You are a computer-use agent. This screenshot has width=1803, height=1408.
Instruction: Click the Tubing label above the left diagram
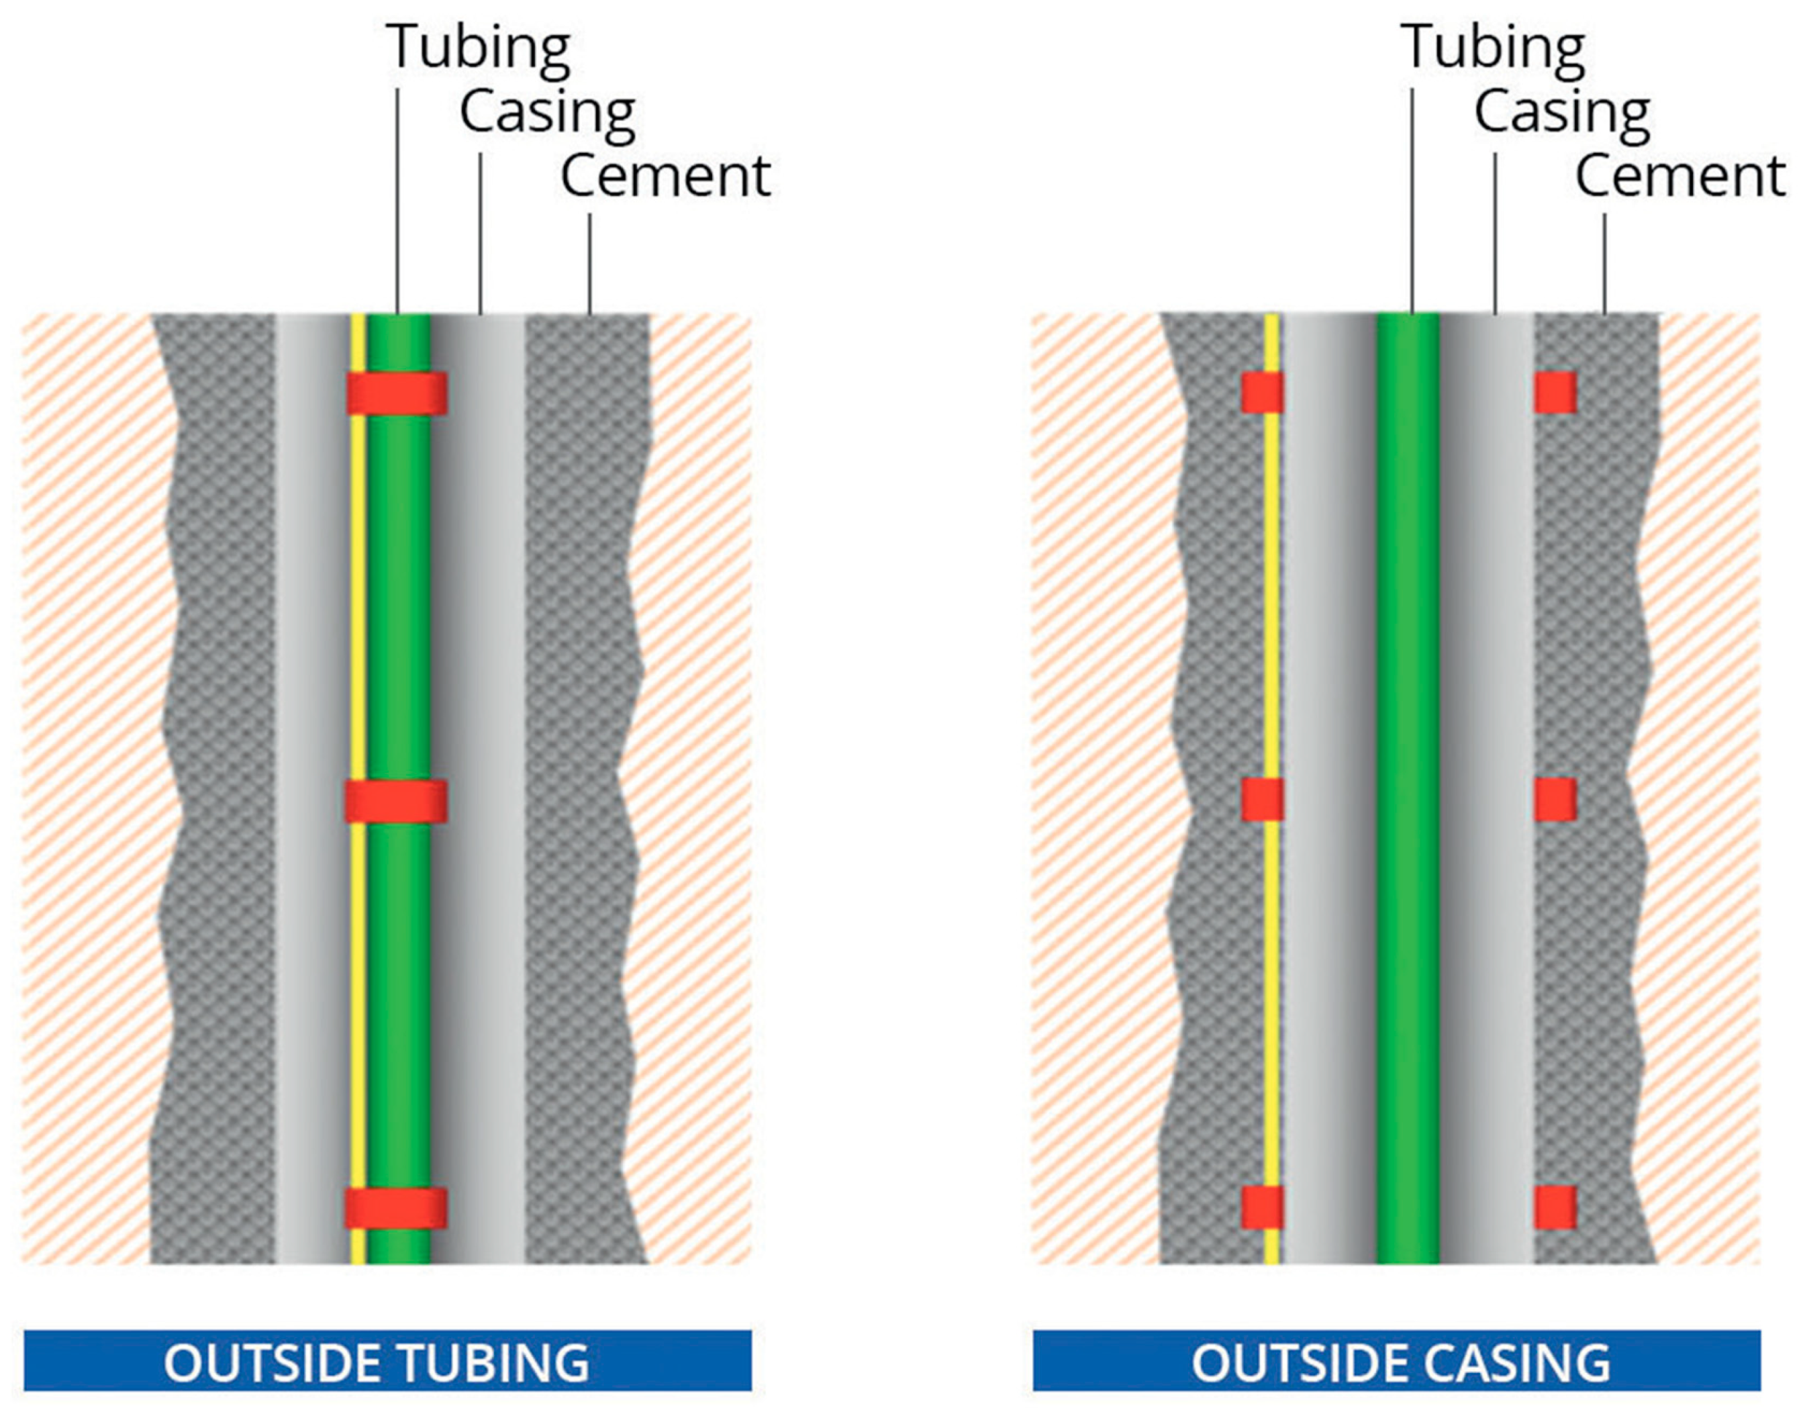478,48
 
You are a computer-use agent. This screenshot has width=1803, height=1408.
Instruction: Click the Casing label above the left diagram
547,112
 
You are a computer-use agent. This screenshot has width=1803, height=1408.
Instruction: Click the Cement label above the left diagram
665,177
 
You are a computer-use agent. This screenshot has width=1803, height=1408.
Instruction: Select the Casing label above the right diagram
1562,112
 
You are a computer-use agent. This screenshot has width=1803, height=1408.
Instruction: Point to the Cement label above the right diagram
1680,177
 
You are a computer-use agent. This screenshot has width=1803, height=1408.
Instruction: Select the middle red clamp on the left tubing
396,800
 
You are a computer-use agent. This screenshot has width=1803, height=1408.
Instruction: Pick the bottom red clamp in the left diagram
396,1208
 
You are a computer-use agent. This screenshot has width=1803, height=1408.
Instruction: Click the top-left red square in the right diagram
1262,392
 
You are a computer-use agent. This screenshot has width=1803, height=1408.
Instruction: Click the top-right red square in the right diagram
1555,392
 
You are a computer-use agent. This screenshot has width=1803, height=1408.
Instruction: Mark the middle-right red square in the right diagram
1555,800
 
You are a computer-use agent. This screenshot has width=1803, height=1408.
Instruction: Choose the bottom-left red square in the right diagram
1262,1207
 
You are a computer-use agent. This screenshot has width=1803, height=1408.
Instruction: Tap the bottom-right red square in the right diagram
1555,1207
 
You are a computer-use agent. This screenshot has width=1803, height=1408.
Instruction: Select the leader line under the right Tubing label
1412,198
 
